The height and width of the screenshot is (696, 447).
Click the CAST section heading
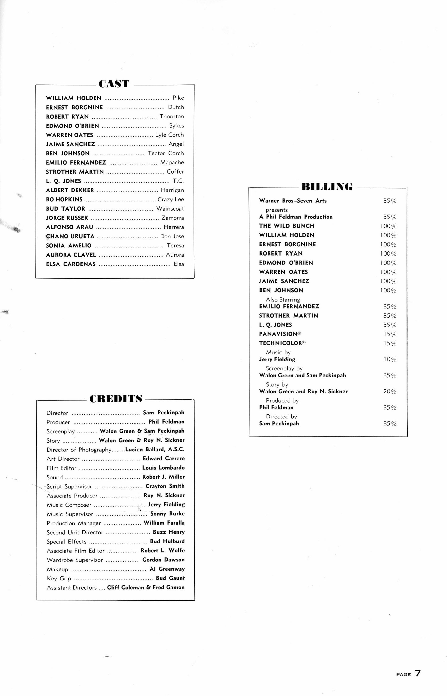pyautogui.click(x=114, y=84)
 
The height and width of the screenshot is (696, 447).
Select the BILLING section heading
pyautogui.click(x=327, y=187)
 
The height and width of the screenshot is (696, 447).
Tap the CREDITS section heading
pyautogui.click(x=116, y=399)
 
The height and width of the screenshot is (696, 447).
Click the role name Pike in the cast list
pyautogui.click(x=178, y=98)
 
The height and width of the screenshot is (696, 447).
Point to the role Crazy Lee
pyautogui.click(x=171, y=199)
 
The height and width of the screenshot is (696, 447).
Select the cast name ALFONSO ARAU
pyautogui.click(x=70, y=227)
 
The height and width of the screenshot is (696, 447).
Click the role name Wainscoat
pyautogui.click(x=170, y=209)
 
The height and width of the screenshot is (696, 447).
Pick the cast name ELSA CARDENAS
pyautogui.click(x=71, y=264)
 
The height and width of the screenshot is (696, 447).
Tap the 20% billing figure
pyautogui.click(x=389, y=392)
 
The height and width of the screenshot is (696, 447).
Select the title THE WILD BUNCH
pyautogui.click(x=287, y=226)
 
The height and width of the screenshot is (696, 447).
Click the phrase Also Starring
pyautogui.click(x=283, y=299)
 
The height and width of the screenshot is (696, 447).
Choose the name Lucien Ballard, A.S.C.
pyautogui.click(x=155, y=450)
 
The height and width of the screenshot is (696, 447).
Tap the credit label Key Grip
pyautogui.click(x=59, y=578)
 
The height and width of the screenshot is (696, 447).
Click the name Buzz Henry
pyautogui.click(x=169, y=532)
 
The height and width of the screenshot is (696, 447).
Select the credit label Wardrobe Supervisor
pyautogui.click(x=75, y=560)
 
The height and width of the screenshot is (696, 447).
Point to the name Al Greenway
pyautogui.click(x=167, y=569)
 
